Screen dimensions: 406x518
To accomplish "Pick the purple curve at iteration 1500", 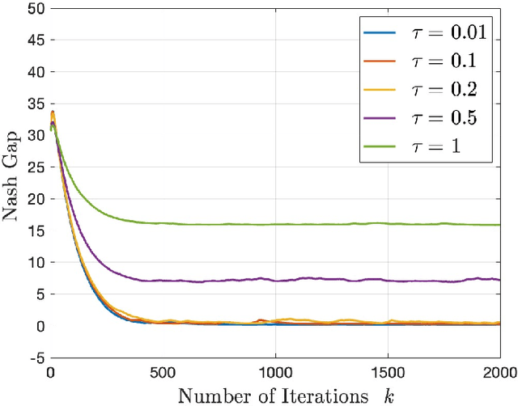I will (x=388, y=281).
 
